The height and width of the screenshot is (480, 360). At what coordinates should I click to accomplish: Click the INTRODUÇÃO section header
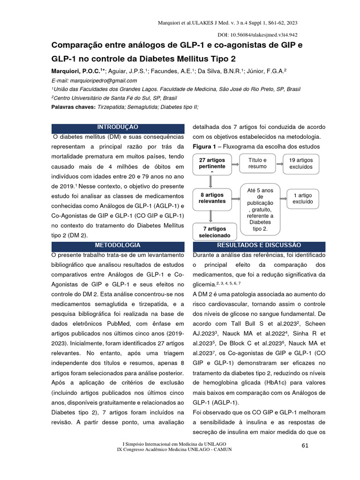point(117,127)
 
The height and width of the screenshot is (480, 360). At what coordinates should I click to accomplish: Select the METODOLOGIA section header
point(117,245)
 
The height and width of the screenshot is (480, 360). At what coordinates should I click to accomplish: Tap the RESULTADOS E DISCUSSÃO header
point(259,245)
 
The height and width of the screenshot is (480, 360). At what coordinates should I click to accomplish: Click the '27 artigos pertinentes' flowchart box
point(212,164)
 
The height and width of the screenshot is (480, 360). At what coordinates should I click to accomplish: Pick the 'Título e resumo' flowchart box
point(257,163)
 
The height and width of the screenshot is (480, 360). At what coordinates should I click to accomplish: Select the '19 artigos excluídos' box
point(300,163)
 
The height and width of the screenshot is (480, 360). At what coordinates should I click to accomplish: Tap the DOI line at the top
point(258,35)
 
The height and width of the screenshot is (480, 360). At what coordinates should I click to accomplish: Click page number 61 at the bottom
point(305,445)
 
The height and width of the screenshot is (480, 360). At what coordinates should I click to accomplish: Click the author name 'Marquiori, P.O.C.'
point(77,71)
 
